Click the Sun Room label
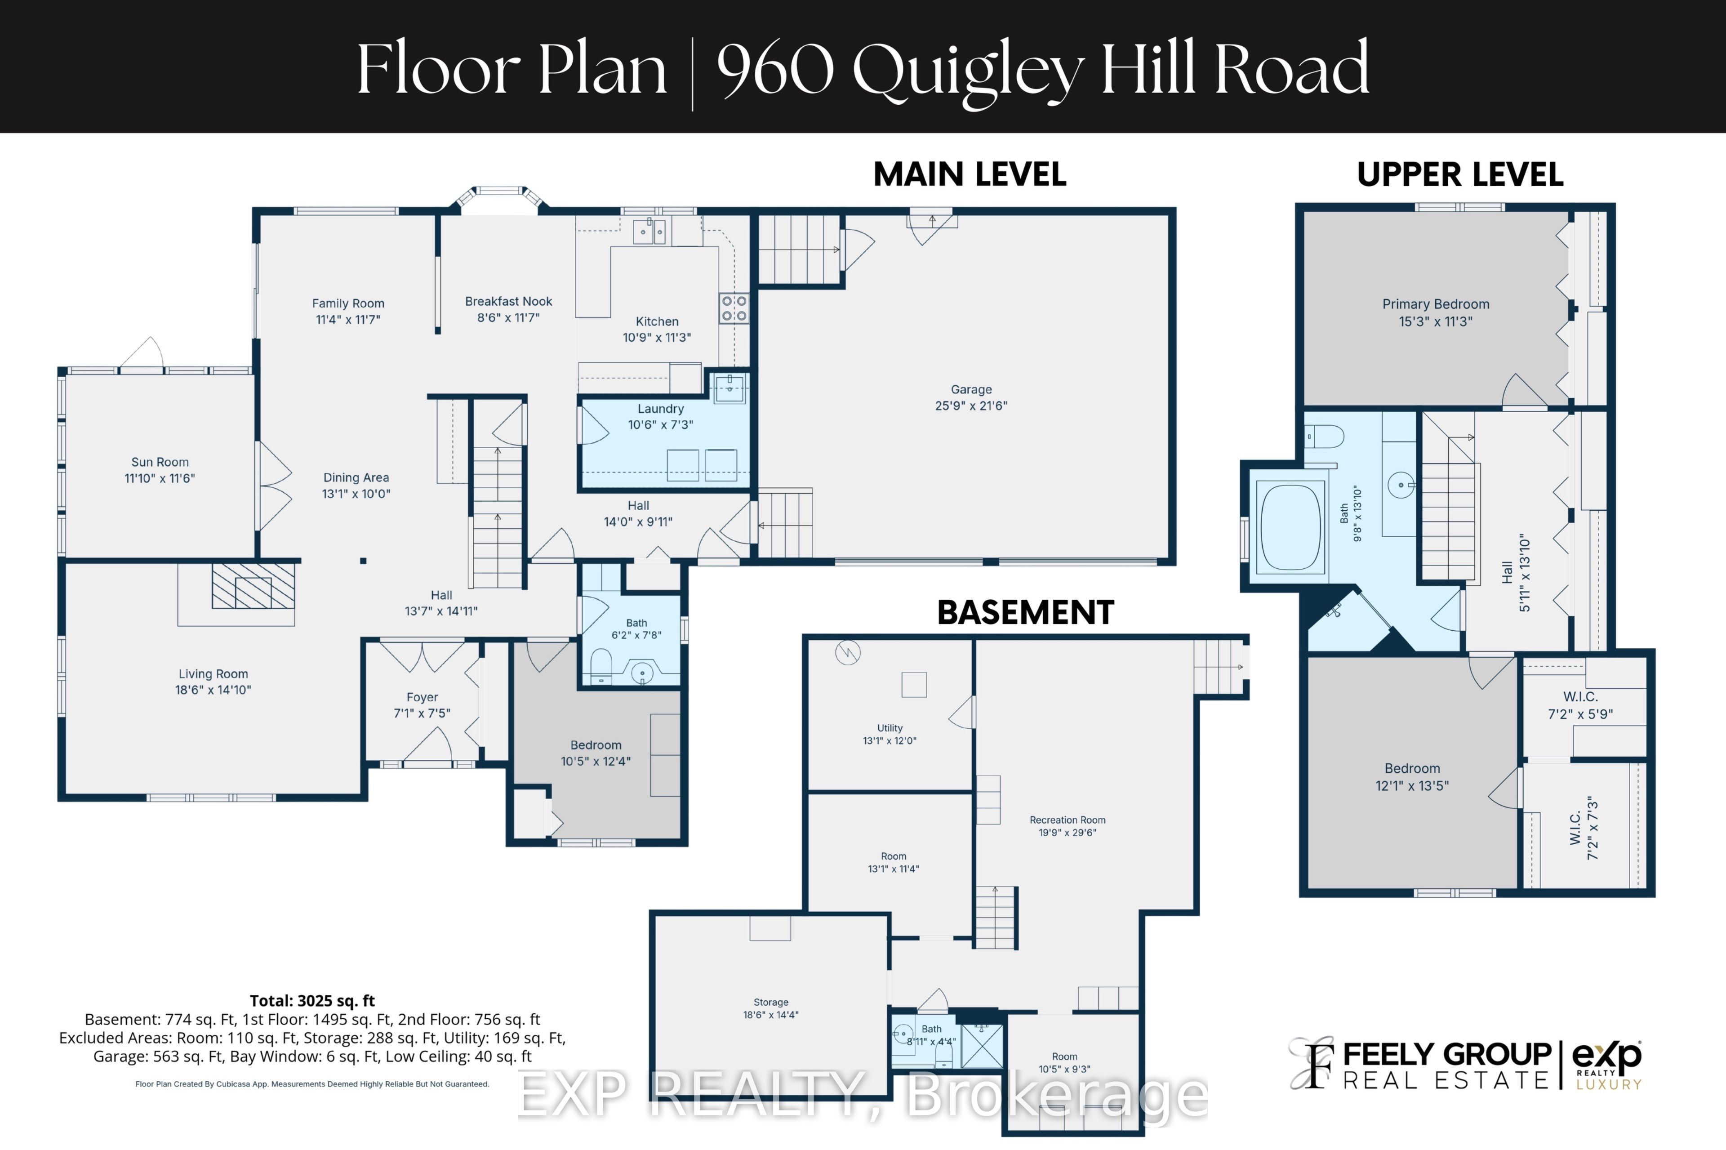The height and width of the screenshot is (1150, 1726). pos(160,462)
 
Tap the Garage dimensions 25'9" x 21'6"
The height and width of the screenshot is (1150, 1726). pos(971,406)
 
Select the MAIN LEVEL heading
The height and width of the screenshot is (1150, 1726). pos(970,174)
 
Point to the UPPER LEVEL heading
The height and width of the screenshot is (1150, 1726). pos(1460,174)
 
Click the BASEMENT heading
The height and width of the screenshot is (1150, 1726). pos(1025,612)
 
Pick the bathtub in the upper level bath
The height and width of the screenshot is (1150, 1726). pos(1290,527)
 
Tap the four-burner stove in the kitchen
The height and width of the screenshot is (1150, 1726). pos(733,308)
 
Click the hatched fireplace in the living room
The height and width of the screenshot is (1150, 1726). pos(253,585)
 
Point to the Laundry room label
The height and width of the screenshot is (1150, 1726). pos(660,409)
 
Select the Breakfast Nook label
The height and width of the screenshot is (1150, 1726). pos(508,301)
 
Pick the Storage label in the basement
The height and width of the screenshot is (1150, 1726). pos(770,1002)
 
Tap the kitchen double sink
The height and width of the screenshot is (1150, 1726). pos(649,232)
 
